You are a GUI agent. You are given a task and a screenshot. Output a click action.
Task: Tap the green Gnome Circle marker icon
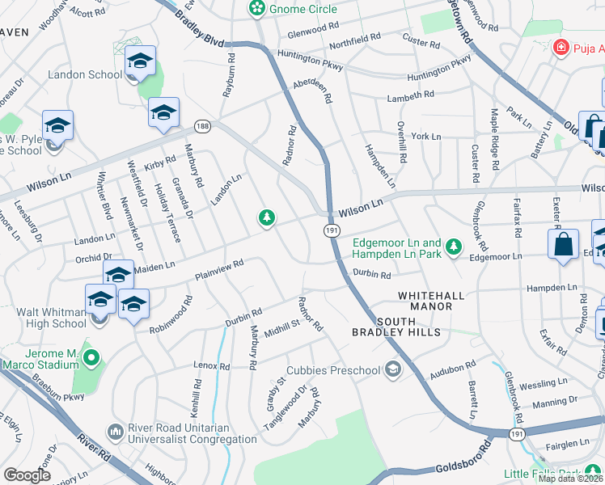[x=257, y=9]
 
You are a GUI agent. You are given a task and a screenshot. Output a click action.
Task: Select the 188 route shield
[x=201, y=126]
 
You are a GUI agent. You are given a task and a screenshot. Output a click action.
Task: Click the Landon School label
[x=85, y=74]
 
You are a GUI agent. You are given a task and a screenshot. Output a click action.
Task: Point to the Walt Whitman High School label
[x=44, y=318]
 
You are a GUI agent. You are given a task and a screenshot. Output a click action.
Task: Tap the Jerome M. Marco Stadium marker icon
[x=91, y=357]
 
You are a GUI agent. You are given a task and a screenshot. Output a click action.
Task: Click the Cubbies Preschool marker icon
[x=393, y=370]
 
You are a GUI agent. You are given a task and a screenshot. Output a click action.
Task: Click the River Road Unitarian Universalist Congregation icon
[x=116, y=432]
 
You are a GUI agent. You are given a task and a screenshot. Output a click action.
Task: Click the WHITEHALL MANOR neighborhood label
[x=429, y=297]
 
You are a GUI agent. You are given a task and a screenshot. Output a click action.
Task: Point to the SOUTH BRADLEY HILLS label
[x=396, y=326]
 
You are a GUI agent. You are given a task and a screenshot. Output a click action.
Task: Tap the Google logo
[x=27, y=475]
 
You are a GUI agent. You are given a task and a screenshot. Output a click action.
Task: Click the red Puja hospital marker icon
[x=558, y=48]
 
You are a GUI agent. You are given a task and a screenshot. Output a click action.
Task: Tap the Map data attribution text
[x=571, y=479]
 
